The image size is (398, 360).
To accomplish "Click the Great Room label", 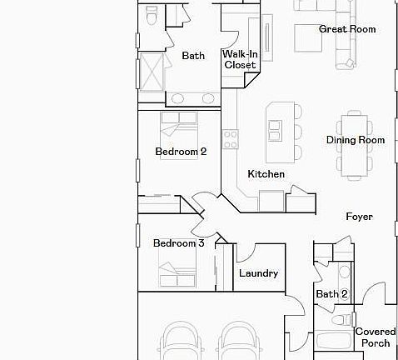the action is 347,29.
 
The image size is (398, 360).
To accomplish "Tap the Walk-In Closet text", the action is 240,59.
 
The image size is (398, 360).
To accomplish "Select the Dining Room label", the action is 356,140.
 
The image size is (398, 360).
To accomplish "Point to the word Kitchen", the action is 266,174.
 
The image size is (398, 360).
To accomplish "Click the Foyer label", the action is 360,217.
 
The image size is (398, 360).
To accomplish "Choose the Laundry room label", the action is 259,273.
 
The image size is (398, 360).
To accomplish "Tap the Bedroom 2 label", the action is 181,152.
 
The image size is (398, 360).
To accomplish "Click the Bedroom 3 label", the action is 179,243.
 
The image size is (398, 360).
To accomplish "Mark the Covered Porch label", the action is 376,337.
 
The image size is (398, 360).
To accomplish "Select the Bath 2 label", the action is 332,294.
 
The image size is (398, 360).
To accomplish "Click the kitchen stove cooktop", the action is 231,139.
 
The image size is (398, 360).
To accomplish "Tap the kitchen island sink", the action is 276,131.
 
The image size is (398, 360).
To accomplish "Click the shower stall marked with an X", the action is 152,72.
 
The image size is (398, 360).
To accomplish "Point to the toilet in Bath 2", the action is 341,320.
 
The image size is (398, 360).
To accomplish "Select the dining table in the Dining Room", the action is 355,146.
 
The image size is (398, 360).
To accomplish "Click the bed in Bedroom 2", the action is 179,136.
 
